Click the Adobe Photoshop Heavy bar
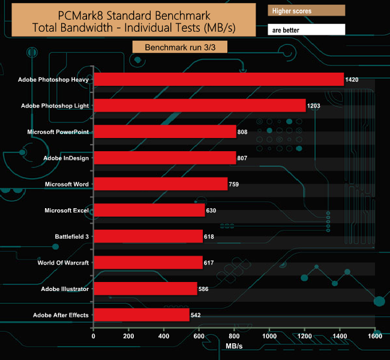point(219,79)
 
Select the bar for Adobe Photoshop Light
point(200,106)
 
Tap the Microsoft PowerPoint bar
point(165,131)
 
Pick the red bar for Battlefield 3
point(148,236)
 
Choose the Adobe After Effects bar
point(142,315)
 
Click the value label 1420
point(352,79)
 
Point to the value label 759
point(234,184)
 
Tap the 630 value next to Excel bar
point(211,211)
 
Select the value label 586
point(203,289)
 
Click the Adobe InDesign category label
point(67,158)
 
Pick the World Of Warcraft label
point(63,263)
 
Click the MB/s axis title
point(235,347)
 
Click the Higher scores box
point(307,11)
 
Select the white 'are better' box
point(307,29)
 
